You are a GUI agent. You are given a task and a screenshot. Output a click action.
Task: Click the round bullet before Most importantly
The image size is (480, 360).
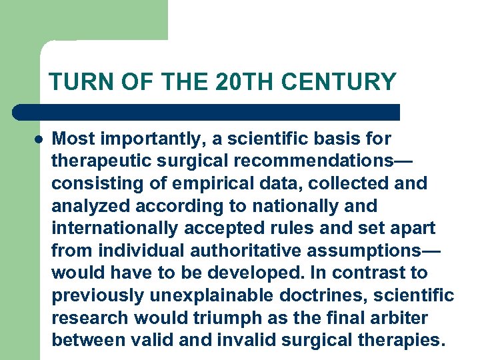point(39,139)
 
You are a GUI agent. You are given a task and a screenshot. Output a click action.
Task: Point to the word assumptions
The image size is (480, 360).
point(347,251)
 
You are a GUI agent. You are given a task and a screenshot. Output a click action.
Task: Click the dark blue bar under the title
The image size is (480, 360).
point(207,112)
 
